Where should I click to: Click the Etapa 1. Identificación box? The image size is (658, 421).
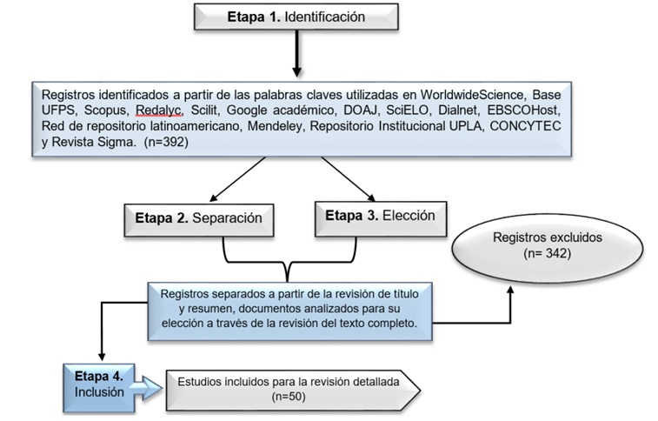point(296,17)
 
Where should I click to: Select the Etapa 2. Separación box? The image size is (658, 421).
point(198,217)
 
